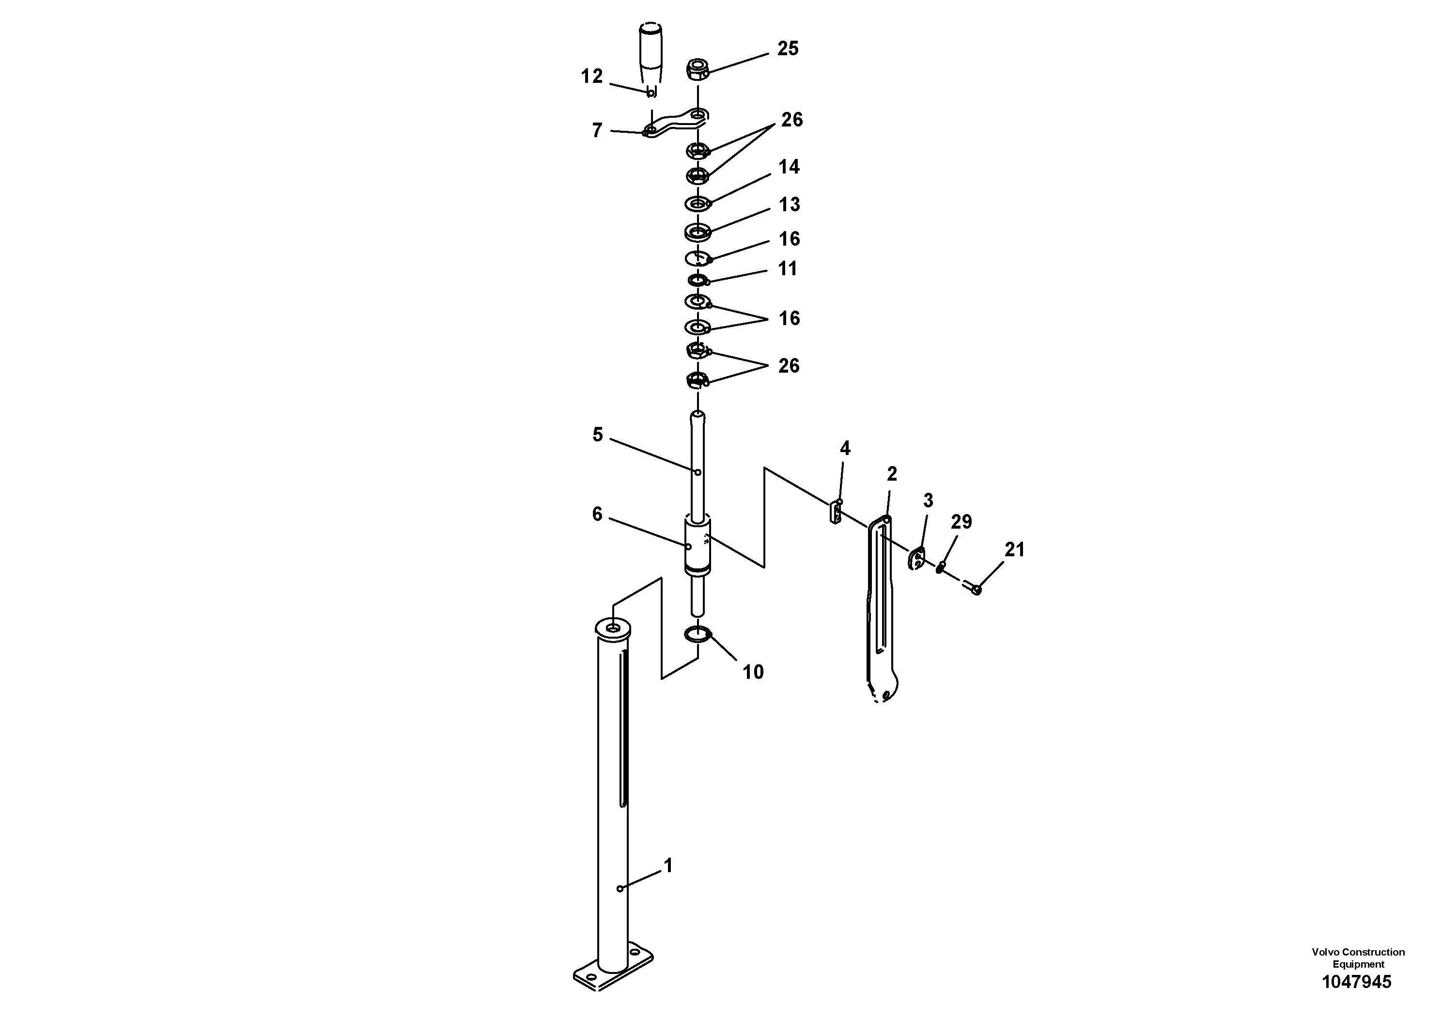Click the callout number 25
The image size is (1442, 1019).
click(x=788, y=48)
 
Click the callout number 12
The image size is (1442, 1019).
click(x=591, y=77)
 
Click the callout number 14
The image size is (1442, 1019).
click(x=789, y=167)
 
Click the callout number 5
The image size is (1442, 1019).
click(x=597, y=435)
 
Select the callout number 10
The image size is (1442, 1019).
click(x=753, y=672)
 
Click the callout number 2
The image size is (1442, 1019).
click(x=892, y=474)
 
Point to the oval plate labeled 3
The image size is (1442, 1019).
click(x=916, y=558)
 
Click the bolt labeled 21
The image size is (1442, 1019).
click(x=972, y=587)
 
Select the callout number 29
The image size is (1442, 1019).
click(x=961, y=521)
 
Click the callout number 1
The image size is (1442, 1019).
click(x=668, y=866)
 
